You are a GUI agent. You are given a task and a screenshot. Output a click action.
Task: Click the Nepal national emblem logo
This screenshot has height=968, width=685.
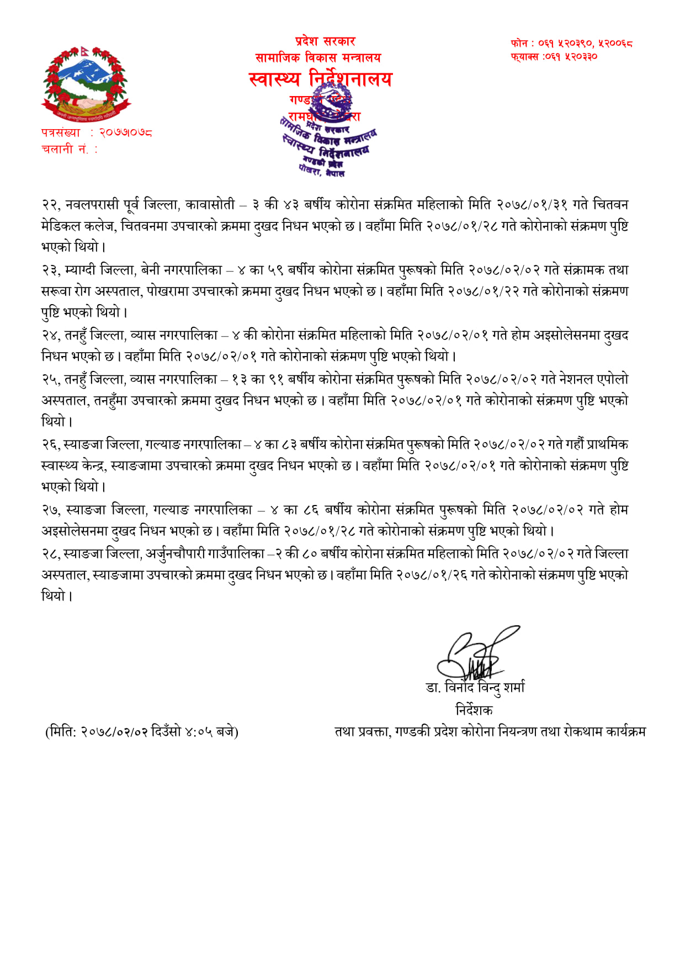tap(86, 84)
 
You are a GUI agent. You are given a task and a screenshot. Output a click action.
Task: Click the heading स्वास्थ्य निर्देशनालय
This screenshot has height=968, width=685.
tap(320, 79)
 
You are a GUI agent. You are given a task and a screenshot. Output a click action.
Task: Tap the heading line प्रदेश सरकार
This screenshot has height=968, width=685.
tap(325, 41)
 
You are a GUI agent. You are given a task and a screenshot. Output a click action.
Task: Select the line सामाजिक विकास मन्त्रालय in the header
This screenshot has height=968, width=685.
tap(318, 57)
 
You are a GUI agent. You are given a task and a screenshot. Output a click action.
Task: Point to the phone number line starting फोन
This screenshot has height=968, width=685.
tap(571, 43)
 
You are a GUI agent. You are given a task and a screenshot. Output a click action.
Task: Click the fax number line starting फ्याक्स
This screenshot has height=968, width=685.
tap(554, 56)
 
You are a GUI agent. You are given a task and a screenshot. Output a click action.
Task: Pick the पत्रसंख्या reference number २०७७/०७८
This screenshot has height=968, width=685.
tap(125, 133)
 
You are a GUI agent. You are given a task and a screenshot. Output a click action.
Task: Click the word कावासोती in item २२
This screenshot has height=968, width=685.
tap(210, 205)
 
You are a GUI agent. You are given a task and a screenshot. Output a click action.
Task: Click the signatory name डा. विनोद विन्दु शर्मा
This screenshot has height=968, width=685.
tap(475, 688)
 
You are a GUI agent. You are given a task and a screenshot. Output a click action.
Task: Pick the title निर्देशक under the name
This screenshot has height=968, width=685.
tap(474, 710)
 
